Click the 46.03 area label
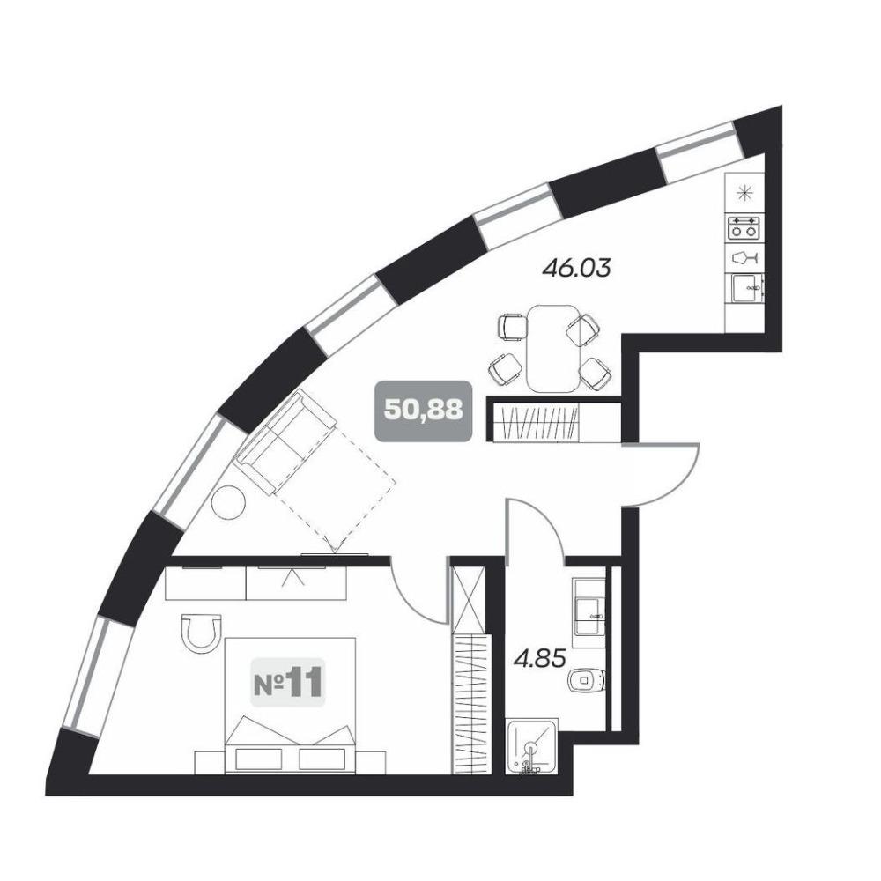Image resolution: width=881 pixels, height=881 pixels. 576,268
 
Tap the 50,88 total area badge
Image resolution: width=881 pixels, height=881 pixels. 423,411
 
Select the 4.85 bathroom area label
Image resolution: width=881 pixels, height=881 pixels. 539,658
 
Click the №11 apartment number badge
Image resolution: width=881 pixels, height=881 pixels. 288,683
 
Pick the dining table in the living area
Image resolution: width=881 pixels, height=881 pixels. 553,348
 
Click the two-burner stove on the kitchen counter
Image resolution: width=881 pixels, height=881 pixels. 744,228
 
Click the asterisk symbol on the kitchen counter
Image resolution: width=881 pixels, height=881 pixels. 744,193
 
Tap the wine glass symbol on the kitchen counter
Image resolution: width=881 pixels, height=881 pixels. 745,258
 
